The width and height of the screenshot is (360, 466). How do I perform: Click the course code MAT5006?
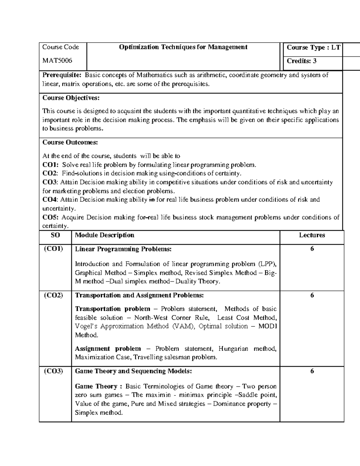[57, 61]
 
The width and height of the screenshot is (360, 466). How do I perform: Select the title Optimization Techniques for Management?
[183, 47]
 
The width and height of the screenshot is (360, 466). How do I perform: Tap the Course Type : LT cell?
[313, 47]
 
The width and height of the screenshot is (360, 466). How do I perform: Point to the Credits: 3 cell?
[301, 61]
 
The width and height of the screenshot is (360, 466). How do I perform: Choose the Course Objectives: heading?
[71, 98]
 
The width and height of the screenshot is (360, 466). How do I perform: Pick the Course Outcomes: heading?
[70, 142]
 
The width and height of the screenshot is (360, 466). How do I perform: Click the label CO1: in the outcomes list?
[51, 165]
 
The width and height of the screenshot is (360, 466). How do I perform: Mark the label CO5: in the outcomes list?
[51, 217]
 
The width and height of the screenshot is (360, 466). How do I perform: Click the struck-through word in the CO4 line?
[152, 200]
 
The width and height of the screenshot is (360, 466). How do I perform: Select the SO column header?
[55, 235]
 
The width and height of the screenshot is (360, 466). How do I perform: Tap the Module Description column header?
[104, 235]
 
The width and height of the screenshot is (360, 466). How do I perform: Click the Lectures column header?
[312, 235]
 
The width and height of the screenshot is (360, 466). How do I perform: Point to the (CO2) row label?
[53, 295]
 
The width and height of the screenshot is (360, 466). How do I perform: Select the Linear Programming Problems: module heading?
[123, 249]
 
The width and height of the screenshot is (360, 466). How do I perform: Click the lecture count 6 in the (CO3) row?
[312, 371]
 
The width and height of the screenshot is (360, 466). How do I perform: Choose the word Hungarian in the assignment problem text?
[233, 349]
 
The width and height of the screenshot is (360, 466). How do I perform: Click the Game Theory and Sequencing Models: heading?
[133, 371]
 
